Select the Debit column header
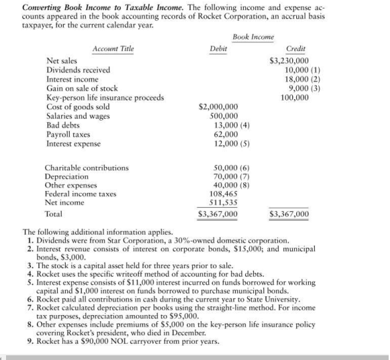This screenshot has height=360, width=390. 218,49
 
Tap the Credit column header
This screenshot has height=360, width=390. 296,49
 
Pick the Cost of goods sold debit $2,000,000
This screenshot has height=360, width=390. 218,107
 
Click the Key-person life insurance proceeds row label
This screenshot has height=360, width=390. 105,97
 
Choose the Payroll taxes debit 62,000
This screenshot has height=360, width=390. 224,134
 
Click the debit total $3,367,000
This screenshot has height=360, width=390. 218,215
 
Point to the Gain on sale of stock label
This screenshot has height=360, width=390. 82,88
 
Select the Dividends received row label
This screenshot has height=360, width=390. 78,70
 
